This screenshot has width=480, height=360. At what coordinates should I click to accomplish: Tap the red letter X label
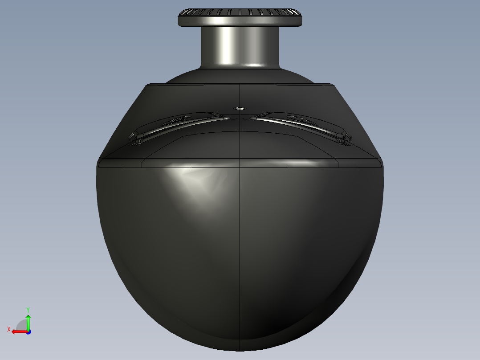tap(9, 330)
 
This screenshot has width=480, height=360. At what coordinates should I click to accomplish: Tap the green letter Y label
tap(28, 309)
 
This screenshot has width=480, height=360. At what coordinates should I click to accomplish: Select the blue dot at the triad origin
tap(28, 331)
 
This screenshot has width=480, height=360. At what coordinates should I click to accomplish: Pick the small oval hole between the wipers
tap(240, 108)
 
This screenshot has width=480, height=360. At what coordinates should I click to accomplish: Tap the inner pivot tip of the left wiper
tap(227, 118)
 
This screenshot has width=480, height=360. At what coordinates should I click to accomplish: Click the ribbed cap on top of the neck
tap(240, 17)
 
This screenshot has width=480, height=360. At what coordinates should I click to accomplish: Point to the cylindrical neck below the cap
tap(240, 45)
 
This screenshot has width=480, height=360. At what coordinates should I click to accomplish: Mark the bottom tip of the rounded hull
tap(240, 350)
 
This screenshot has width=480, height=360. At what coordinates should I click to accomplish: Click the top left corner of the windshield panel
tap(147, 85)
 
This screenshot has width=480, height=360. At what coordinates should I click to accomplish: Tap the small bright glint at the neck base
tap(254, 66)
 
